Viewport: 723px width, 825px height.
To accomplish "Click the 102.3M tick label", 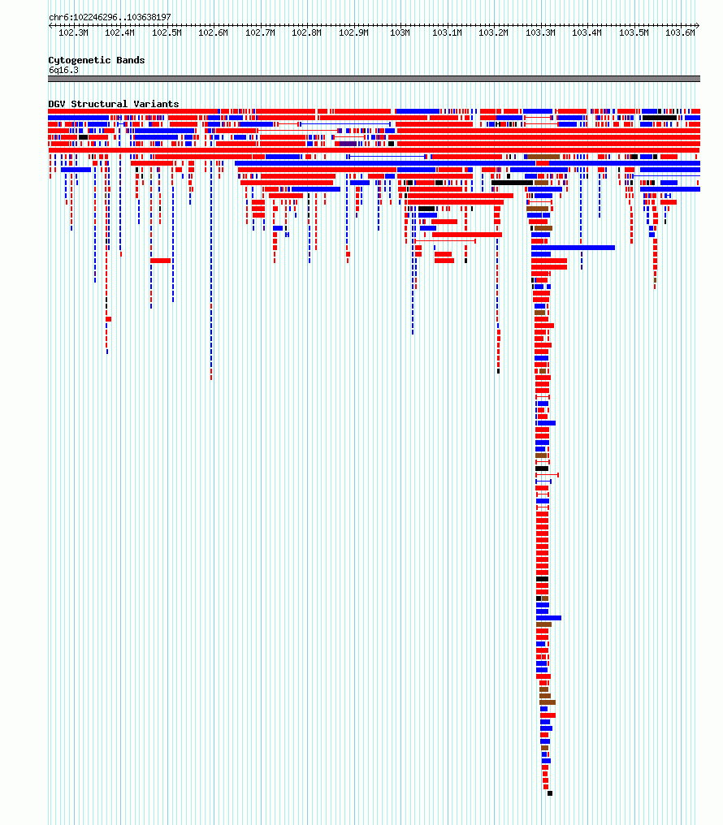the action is point(73,32).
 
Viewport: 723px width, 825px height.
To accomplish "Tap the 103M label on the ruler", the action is point(400,32).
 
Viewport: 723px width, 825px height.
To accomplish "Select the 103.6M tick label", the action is point(680,32).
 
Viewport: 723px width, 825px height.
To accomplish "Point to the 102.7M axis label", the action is point(260,32).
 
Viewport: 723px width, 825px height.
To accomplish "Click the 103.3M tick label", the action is point(540,32).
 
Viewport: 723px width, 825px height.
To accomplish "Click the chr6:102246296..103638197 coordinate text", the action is point(110,17).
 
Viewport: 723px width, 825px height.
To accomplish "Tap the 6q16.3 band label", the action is point(63,70).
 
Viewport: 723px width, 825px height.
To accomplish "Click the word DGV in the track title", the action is point(57,104).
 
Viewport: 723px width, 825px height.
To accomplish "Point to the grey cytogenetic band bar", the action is point(374,79).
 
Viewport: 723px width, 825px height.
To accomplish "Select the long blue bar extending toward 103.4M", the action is point(573,248).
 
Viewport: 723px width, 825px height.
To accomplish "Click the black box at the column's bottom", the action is point(550,793).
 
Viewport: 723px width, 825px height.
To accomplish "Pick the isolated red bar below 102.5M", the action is point(161,261).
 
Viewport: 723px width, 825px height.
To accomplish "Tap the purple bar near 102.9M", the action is point(348,144).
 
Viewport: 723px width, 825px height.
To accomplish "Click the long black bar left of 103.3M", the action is point(513,183).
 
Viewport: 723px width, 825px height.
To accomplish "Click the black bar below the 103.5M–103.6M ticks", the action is point(660,118).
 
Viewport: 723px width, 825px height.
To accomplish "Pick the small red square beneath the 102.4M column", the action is point(108,319).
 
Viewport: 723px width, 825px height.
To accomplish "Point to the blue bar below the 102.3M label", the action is point(76,170).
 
